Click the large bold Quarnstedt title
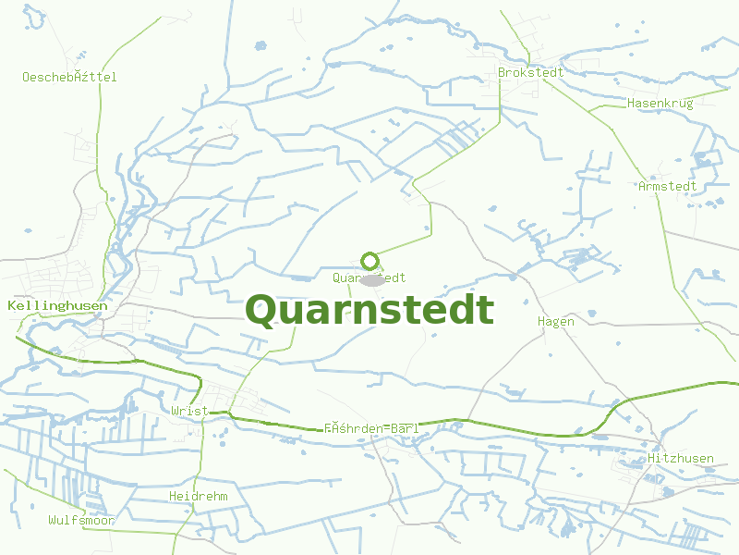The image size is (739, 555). click(x=369, y=311)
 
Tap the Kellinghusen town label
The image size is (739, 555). click(x=56, y=305)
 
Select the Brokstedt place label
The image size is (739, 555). click(x=530, y=72)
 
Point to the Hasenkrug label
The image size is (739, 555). click(x=660, y=103)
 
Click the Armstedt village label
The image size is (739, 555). click(x=667, y=186)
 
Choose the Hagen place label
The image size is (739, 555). click(x=556, y=321)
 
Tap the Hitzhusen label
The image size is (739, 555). click(x=681, y=459)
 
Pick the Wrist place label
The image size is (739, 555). click(x=189, y=410)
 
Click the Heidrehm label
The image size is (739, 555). click(x=198, y=496)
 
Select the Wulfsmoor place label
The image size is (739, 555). click(x=81, y=520)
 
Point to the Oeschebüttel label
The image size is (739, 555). click(x=69, y=77)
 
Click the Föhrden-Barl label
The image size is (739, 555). click(x=371, y=428)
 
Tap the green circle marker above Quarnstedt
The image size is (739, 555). click(x=369, y=262)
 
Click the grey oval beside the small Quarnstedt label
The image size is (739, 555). click(x=371, y=279)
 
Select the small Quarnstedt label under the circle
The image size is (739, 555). click(x=369, y=277)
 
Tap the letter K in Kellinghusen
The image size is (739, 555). click(x=11, y=305)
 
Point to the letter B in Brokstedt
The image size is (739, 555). click(x=502, y=72)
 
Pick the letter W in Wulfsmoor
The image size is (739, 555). click(x=53, y=520)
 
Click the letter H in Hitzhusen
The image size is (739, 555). click(x=652, y=459)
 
